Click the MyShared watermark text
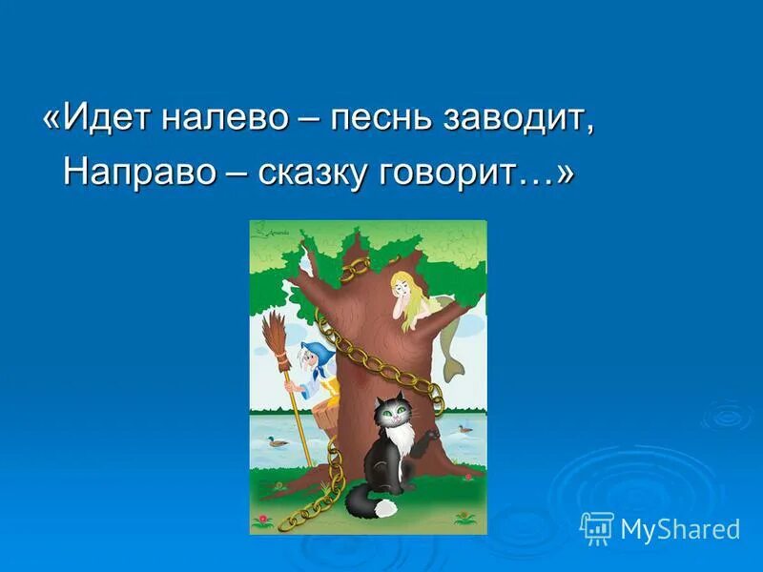pos(680,529)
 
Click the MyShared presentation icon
pos(597,527)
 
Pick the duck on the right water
pos(465,428)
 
